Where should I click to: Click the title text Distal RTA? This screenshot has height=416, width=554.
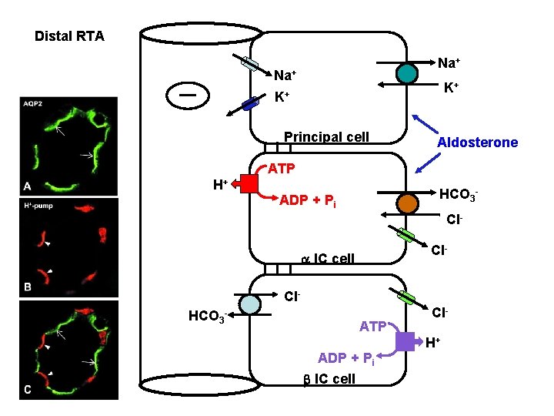click(69, 36)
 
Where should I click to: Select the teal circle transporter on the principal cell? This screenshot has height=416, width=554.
click(408, 72)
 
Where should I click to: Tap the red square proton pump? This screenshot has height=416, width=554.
click(249, 184)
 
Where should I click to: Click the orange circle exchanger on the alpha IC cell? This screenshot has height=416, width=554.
click(409, 203)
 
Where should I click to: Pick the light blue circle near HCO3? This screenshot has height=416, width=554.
click(250, 304)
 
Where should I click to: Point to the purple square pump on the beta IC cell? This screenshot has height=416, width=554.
click(407, 341)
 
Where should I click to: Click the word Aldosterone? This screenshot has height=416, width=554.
click(477, 143)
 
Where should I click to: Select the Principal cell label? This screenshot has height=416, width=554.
click(326, 137)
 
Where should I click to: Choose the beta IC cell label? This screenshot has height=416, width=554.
click(326, 378)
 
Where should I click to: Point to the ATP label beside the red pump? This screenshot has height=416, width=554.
click(282, 168)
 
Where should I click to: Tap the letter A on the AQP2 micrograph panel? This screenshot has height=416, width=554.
click(27, 186)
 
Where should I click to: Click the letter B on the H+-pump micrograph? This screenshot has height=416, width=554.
click(27, 288)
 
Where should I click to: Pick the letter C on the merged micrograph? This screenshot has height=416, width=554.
click(27, 390)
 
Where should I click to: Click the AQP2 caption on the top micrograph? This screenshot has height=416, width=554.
click(34, 103)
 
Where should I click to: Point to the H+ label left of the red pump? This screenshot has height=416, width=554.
click(219, 184)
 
